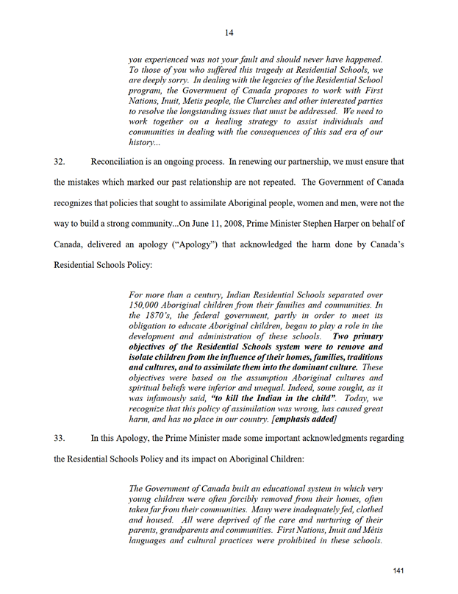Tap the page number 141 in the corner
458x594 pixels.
(x=398, y=571)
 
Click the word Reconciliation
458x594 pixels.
(x=123, y=160)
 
